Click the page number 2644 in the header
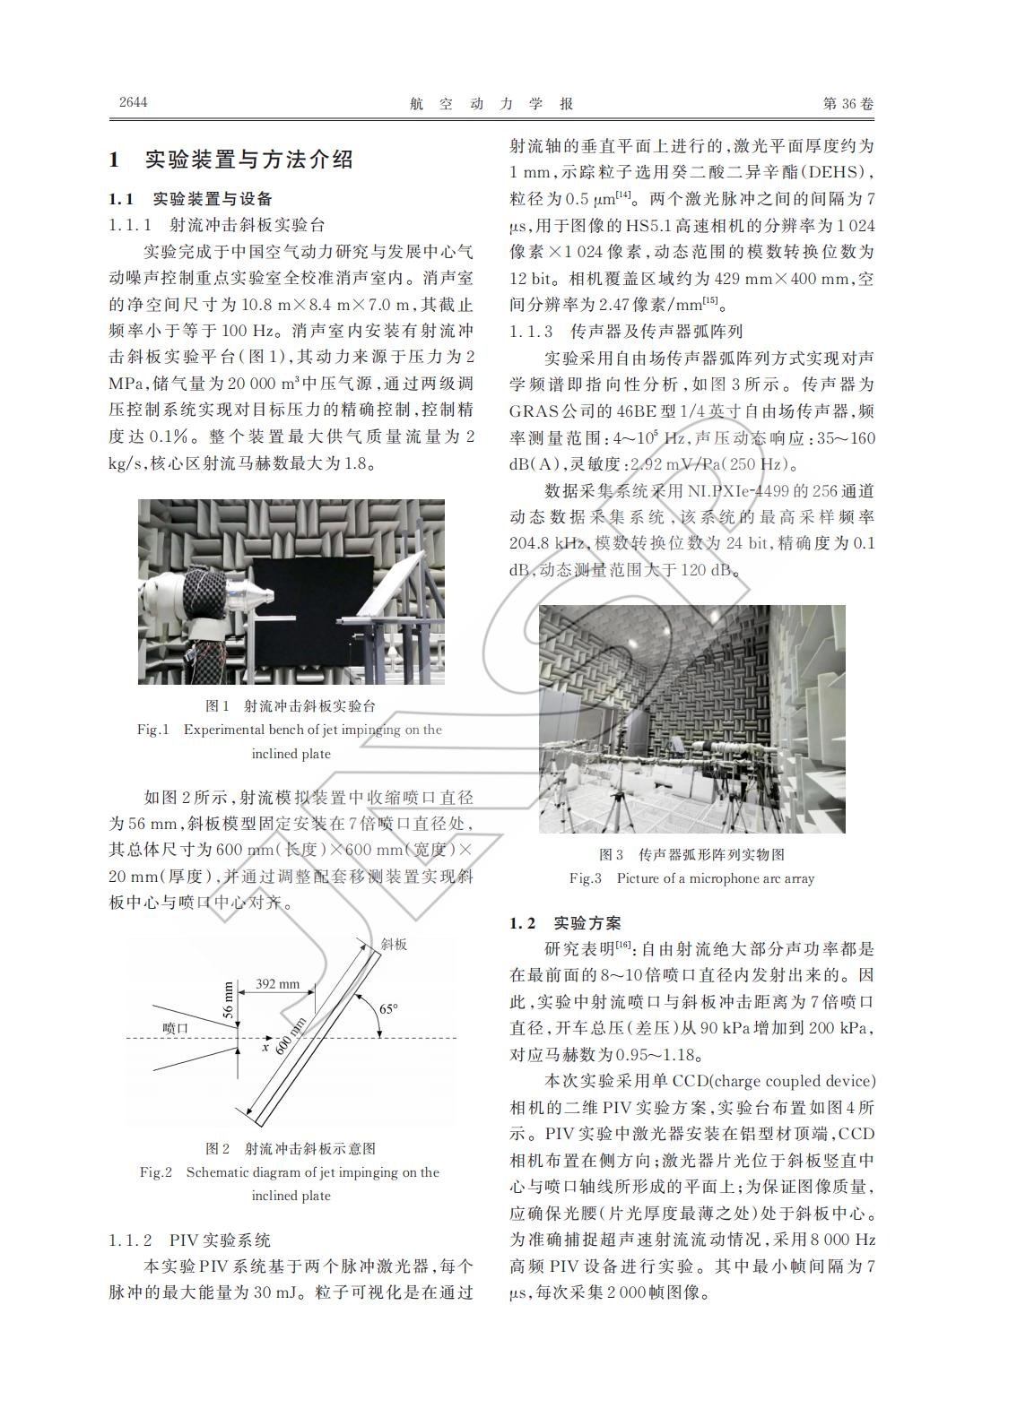click(133, 102)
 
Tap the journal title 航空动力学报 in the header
click(491, 104)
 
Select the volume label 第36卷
click(847, 104)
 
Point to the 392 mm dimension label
click(277, 983)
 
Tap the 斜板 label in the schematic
click(394, 944)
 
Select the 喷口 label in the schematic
click(175, 1028)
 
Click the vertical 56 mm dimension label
click(228, 999)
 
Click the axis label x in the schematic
click(265, 1046)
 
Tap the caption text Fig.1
click(152, 730)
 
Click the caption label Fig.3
click(586, 878)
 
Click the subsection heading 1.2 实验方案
click(565, 923)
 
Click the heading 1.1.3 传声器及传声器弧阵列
click(626, 332)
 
